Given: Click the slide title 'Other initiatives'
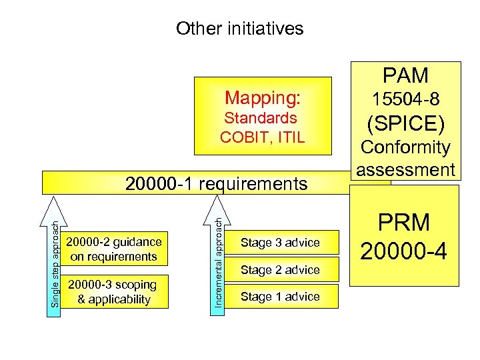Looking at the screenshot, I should [x=239, y=29].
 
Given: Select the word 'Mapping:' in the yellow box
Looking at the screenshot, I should [x=263, y=98].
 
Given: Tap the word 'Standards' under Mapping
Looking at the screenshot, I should [x=261, y=118].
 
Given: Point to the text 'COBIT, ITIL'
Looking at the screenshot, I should [x=262, y=137].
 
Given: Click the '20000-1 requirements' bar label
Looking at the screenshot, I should [x=217, y=183].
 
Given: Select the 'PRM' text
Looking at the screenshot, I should [x=405, y=223].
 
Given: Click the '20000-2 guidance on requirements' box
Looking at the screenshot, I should [x=114, y=249].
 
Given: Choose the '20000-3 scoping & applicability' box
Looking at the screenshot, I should [x=114, y=291].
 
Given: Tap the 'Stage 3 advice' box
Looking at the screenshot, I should [x=280, y=243].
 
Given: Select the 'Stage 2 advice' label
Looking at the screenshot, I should [x=280, y=270].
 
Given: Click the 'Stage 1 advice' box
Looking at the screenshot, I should [x=280, y=297].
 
